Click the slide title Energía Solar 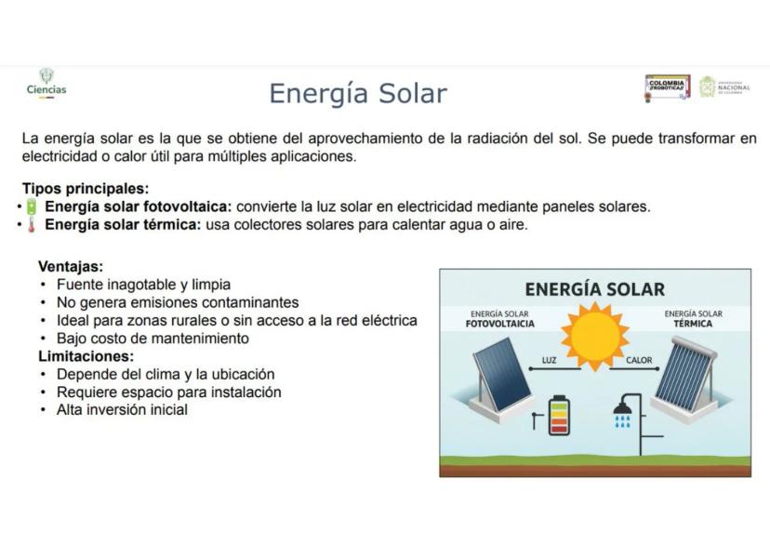[358, 93]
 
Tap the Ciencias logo [46, 84]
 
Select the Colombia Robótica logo [668, 88]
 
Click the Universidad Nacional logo [724, 87]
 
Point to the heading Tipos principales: [86, 189]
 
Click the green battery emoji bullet [32, 206]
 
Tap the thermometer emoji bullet [32, 225]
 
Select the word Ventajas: [71, 267]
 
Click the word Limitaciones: [86, 356]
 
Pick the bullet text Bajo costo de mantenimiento [153, 339]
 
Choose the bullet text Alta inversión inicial [122, 409]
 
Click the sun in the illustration [595, 337]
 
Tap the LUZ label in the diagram [549, 360]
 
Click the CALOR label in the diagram [639, 360]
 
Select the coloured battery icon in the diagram [559, 416]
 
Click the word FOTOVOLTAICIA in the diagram [500, 324]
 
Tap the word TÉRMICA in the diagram [693, 324]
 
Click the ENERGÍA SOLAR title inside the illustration [594, 289]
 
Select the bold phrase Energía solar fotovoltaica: [138, 206]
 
